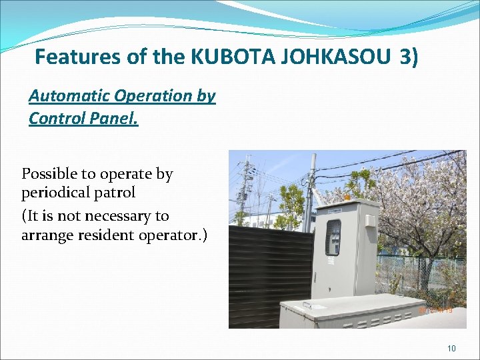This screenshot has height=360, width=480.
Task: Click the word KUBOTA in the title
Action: [223, 57]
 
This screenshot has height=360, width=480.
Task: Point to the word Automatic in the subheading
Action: [69, 95]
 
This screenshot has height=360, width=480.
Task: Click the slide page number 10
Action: [451, 348]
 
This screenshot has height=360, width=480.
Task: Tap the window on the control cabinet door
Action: [333, 238]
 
